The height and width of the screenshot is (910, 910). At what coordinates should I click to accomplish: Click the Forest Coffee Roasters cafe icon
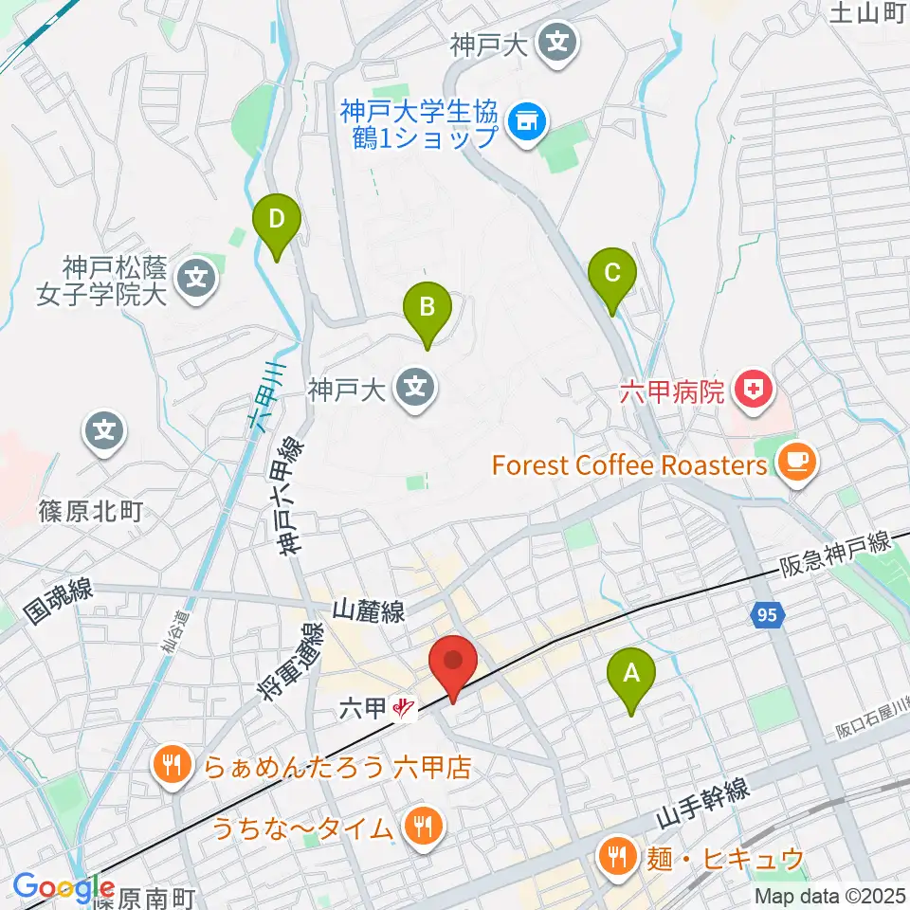click(792, 463)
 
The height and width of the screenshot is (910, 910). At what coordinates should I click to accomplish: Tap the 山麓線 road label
click(369, 612)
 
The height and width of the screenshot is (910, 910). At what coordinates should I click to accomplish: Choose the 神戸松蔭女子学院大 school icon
click(197, 279)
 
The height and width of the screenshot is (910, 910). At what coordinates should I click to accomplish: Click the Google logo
click(64, 886)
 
